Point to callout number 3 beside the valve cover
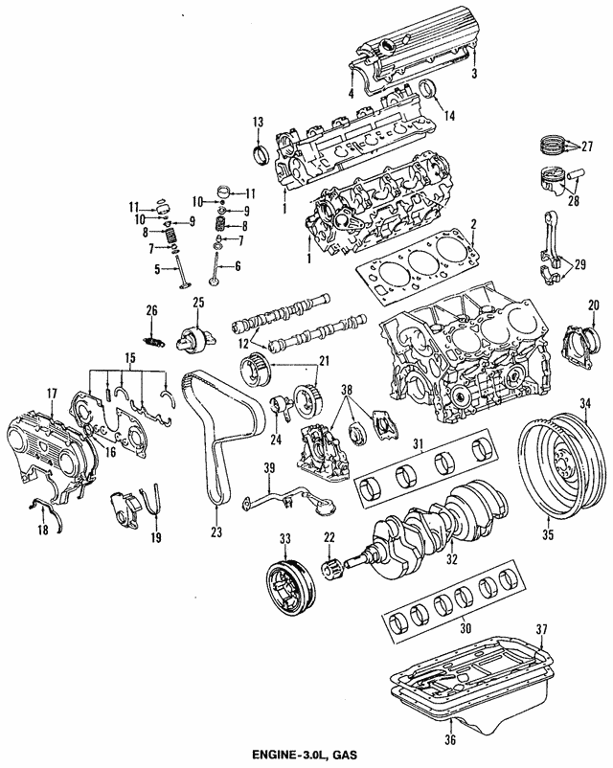pos(474,74)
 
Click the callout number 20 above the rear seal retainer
pos(593,305)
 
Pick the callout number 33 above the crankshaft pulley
pos(284,537)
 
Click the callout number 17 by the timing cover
pos(25,394)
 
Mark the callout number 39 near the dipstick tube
pos(270,466)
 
